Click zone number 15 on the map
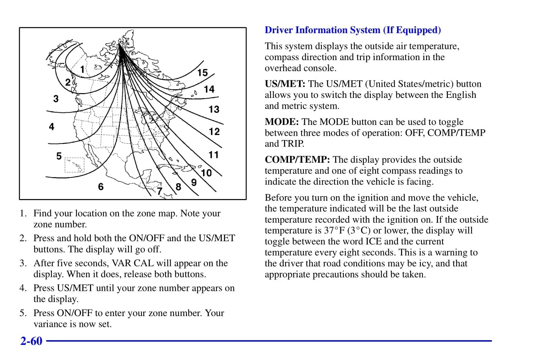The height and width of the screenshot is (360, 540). [x=202, y=73]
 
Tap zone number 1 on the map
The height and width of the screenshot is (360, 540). [x=82, y=69]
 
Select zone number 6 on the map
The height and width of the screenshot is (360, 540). [x=101, y=186]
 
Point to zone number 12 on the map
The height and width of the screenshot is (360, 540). [x=214, y=132]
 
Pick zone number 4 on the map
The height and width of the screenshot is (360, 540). [x=52, y=127]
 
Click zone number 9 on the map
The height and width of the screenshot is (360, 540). [x=194, y=183]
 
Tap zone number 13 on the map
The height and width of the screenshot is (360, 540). [x=214, y=109]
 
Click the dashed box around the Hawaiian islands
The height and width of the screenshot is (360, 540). [x=74, y=165]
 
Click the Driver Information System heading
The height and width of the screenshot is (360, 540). [x=352, y=30]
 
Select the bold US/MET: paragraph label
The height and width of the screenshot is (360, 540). [x=285, y=84]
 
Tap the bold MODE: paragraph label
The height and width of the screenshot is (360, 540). [x=282, y=122]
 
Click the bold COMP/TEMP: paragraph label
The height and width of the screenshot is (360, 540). [x=297, y=160]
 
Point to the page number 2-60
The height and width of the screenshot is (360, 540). [x=31, y=341]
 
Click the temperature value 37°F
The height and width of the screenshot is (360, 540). [x=334, y=230]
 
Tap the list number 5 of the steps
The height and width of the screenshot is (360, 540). [x=23, y=313]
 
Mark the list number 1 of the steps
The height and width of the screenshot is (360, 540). [x=23, y=213]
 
